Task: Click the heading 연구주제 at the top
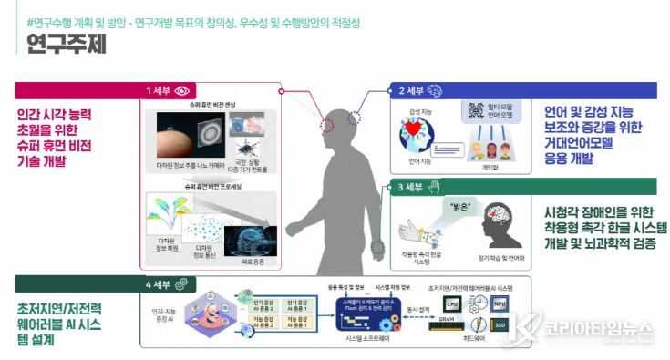(x=65, y=43)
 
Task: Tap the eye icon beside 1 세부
(x=183, y=90)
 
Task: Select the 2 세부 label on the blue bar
(x=411, y=90)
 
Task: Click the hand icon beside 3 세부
(x=436, y=187)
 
